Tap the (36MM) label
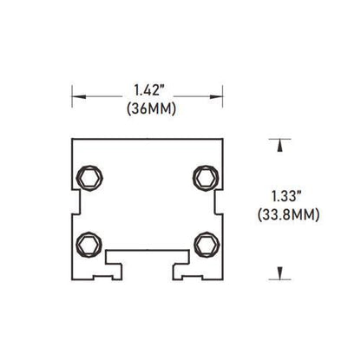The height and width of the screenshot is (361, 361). coord(148,110)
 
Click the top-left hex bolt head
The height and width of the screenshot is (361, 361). coord(89,178)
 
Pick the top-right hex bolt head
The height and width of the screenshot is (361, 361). coord(206,178)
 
